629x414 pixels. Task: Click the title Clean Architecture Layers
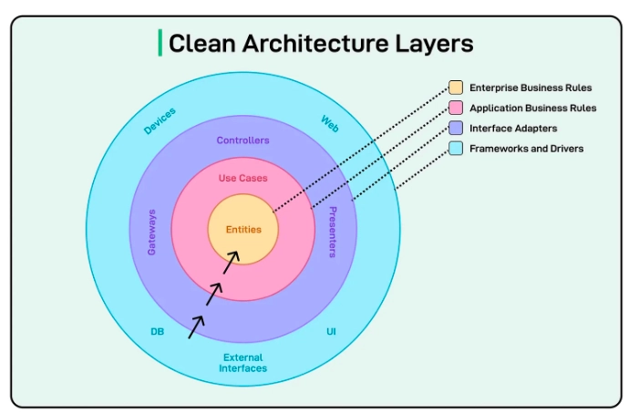click(321, 43)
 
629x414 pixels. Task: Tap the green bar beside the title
click(160, 43)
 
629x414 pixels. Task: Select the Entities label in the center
click(243, 230)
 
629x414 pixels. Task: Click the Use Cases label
click(243, 178)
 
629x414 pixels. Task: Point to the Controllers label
click(243, 140)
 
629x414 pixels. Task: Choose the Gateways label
click(152, 232)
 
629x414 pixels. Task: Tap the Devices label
click(160, 120)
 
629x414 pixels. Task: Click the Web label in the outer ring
click(329, 122)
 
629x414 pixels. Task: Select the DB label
click(157, 332)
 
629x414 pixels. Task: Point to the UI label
click(331, 332)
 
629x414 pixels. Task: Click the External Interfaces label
click(242, 363)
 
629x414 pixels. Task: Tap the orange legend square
click(456, 88)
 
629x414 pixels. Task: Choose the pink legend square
click(456, 108)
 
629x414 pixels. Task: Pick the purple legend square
click(456, 128)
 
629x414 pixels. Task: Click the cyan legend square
click(456, 148)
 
